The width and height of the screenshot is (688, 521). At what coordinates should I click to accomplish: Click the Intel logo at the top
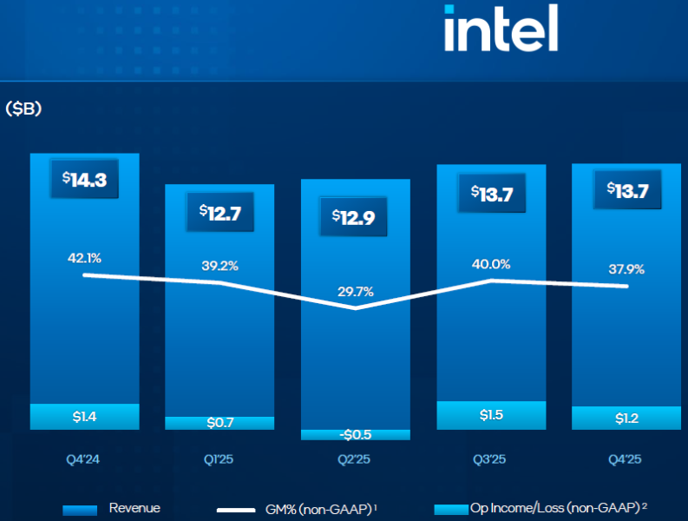click(x=501, y=30)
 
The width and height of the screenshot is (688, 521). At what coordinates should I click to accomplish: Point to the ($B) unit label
click(x=23, y=109)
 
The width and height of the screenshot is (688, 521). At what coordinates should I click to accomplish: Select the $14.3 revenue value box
click(x=84, y=179)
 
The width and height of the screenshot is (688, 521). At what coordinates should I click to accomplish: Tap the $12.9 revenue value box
click(x=355, y=217)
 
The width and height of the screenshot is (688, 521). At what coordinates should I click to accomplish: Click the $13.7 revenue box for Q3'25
click(x=491, y=193)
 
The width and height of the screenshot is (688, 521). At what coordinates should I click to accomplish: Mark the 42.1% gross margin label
click(x=85, y=257)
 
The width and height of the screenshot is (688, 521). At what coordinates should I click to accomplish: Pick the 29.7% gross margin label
click(x=355, y=292)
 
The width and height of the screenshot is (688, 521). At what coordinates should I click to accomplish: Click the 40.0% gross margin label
click(x=491, y=264)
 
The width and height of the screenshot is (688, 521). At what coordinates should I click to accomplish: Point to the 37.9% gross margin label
click(x=626, y=269)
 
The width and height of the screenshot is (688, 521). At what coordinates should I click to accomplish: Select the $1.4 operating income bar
click(x=84, y=417)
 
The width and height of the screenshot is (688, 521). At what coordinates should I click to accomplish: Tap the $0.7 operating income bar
click(x=220, y=423)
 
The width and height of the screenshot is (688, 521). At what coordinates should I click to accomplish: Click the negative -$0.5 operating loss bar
click(x=355, y=434)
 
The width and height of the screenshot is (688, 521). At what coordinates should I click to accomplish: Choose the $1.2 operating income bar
click(x=626, y=418)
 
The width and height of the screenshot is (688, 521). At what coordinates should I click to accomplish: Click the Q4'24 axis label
click(x=84, y=458)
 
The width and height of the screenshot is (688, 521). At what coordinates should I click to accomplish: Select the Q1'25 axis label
click(x=220, y=458)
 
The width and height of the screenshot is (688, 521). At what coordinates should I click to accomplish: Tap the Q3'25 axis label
click(x=491, y=458)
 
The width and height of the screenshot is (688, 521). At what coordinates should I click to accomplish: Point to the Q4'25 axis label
click(x=626, y=458)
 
